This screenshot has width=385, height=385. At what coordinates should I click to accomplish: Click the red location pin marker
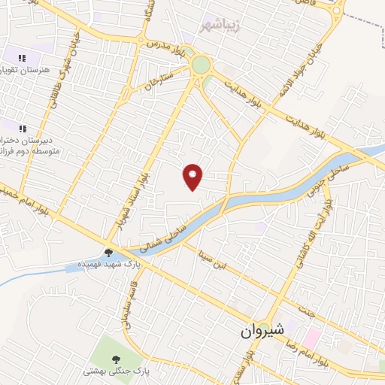coord(193,177)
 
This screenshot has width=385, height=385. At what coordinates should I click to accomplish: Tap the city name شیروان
coord(263,330)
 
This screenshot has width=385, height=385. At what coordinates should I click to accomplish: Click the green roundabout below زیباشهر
coord(201,65)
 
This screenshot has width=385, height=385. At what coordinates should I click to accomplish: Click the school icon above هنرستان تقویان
coord(23,57)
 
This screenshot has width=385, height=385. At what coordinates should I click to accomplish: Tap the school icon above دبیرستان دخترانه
coord(23,128)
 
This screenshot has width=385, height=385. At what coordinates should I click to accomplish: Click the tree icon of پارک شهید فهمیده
coord(109,253)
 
